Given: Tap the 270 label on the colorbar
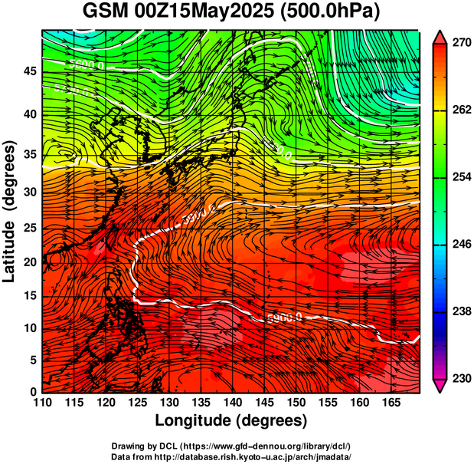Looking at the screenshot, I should (x=459, y=44).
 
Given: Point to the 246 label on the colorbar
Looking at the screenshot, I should (x=459, y=245).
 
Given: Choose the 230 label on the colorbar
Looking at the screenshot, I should (x=459, y=379).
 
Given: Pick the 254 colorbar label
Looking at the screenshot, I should (x=459, y=178).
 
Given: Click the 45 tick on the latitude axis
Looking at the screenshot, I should (x=30, y=71).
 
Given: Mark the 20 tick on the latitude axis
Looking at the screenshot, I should (x=30, y=262).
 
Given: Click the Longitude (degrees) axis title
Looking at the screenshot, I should (x=231, y=421).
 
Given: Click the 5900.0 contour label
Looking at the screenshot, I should (x=285, y=316).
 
